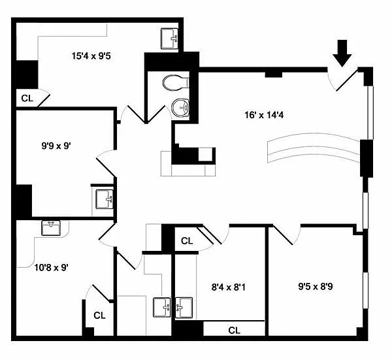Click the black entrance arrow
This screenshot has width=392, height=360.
pos(342,54)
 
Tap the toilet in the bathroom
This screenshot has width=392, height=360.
pos(176,82)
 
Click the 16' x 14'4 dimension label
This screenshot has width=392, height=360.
pos(264,115)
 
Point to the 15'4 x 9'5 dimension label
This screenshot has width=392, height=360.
pos(91,56)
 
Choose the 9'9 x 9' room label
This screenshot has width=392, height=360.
pos(56,146)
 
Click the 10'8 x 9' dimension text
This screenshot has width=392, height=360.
pos(51,267)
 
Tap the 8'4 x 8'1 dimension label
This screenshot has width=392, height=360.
pos(229,287)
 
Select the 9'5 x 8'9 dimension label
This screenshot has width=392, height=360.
pos(316,286)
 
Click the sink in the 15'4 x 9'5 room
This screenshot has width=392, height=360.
pos(169,39)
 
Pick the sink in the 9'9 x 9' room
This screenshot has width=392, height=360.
pos(105,199)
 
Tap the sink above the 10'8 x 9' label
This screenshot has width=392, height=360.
pos(51,228)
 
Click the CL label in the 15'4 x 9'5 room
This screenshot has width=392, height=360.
pos(27,98)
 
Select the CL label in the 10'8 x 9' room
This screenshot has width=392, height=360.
pos(99,316)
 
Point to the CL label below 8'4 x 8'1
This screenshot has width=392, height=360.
pos(235,331)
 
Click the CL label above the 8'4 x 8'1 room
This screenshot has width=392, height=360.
pos(187,241)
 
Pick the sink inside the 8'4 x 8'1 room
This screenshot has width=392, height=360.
pos(184,308)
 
